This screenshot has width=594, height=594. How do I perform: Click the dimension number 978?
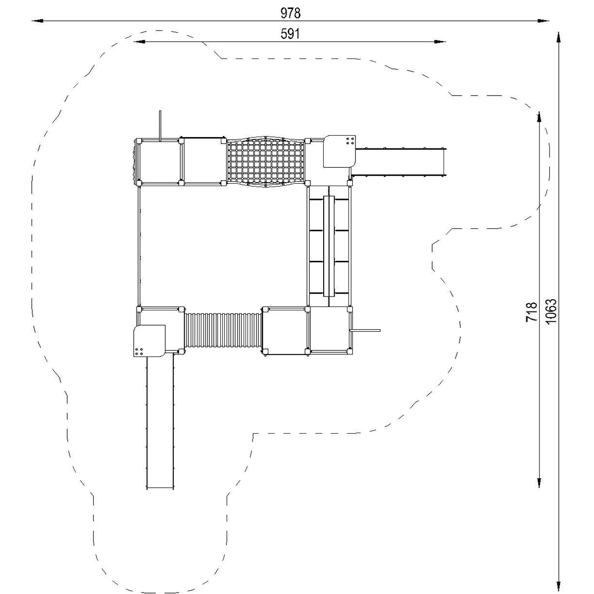click(x=291, y=13)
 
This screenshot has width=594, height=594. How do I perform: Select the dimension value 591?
click(x=290, y=34)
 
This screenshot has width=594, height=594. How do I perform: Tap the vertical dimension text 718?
click(x=532, y=312)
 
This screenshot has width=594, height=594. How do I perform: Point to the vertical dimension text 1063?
click(x=551, y=311)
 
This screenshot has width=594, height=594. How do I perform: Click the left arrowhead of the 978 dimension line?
click(x=38, y=21)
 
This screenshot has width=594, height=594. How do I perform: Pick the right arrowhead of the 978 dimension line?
click(x=543, y=21)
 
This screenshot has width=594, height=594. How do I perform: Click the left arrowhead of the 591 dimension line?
click(x=139, y=42)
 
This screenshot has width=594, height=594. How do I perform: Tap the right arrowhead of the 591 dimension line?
click(x=440, y=42)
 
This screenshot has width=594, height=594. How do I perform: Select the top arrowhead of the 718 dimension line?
click(x=539, y=117)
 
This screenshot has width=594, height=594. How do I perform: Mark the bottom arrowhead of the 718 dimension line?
click(x=539, y=482)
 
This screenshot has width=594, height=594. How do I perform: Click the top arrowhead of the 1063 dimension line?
click(x=558, y=38)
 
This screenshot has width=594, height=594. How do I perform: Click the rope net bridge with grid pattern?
click(x=265, y=162)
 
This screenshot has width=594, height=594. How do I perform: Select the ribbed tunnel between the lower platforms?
click(x=223, y=330)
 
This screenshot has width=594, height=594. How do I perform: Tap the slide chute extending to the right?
click(x=399, y=162)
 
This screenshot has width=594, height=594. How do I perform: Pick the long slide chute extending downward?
click(x=160, y=423)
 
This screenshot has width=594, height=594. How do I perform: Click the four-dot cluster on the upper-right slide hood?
click(x=350, y=141)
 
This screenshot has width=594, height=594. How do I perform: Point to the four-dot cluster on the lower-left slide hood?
click(x=139, y=352)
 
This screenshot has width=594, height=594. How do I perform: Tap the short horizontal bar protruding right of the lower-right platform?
click(x=365, y=330)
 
